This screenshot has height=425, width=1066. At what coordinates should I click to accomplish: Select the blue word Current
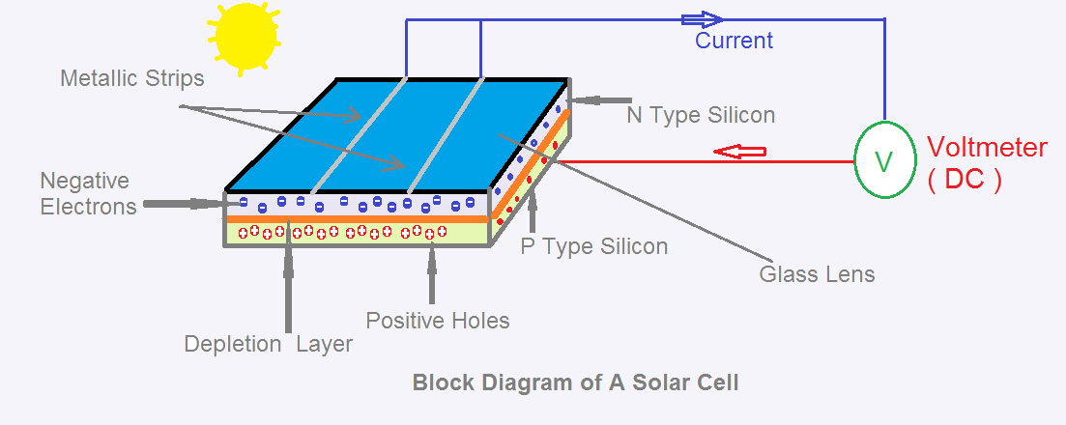pos(735,41)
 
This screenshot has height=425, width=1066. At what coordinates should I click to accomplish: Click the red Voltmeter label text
pos(987,148)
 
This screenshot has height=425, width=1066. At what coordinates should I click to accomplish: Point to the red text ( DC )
pos(964,180)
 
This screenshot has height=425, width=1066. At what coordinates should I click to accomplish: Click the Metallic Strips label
pos(132,78)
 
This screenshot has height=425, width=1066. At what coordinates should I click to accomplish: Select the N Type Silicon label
pos(701,115)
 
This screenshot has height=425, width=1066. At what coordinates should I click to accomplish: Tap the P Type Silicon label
pos(594,246)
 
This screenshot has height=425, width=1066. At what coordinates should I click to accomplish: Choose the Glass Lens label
pos(817,274)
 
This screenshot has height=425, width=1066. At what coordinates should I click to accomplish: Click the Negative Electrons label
pos(85,193)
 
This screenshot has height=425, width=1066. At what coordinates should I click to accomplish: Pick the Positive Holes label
pos(438,320)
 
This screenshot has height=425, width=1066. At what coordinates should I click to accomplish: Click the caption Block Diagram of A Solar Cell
pos(575,382)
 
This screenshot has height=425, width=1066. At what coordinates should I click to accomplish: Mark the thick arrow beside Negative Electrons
pos(185,204)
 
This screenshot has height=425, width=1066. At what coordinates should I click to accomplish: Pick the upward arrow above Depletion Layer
pos(287,285)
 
